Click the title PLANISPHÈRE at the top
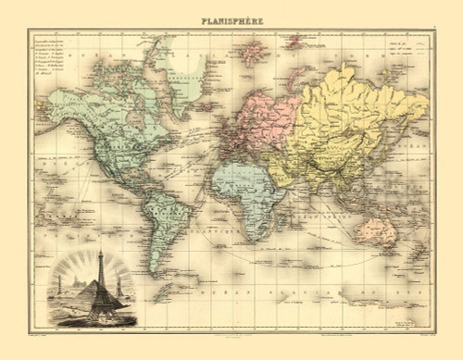point(231,17)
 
